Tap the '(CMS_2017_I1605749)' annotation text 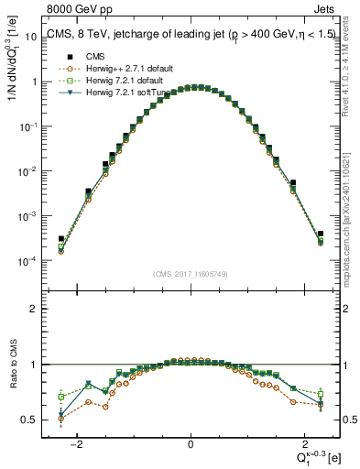(190, 273)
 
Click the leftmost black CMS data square (61, 239)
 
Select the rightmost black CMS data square (321, 234)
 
